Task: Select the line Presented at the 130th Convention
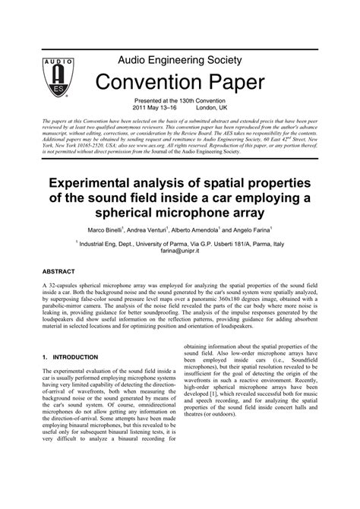(x=180, y=102)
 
